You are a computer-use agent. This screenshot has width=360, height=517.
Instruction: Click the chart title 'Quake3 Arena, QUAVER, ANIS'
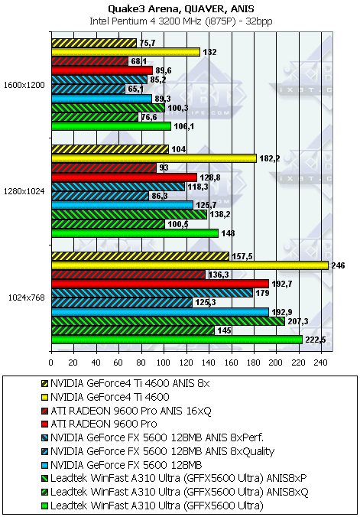(x=181, y=8)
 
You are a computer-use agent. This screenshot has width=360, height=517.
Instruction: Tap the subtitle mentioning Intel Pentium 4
(x=181, y=21)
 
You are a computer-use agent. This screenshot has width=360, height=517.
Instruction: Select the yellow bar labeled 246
(x=190, y=265)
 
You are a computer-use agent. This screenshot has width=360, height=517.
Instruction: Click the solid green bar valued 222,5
(x=177, y=340)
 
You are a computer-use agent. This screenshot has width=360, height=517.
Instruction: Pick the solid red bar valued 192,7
(x=160, y=284)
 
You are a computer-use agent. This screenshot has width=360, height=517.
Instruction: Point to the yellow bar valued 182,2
(x=154, y=158)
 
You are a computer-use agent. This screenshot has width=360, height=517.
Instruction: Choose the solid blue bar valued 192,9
(x=160, y=312)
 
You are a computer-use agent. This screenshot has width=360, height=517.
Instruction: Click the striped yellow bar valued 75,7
(x=94, y=43)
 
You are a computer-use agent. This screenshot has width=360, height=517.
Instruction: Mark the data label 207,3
(x=297, y=321)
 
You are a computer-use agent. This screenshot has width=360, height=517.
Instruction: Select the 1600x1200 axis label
(x=24, y=85)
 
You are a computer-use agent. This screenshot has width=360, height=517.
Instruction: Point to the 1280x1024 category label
(x=24, y=191)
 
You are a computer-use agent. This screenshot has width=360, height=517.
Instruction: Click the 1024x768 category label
(x=26, y=298)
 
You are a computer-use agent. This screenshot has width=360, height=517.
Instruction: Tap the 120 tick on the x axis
(x=186, y=363)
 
